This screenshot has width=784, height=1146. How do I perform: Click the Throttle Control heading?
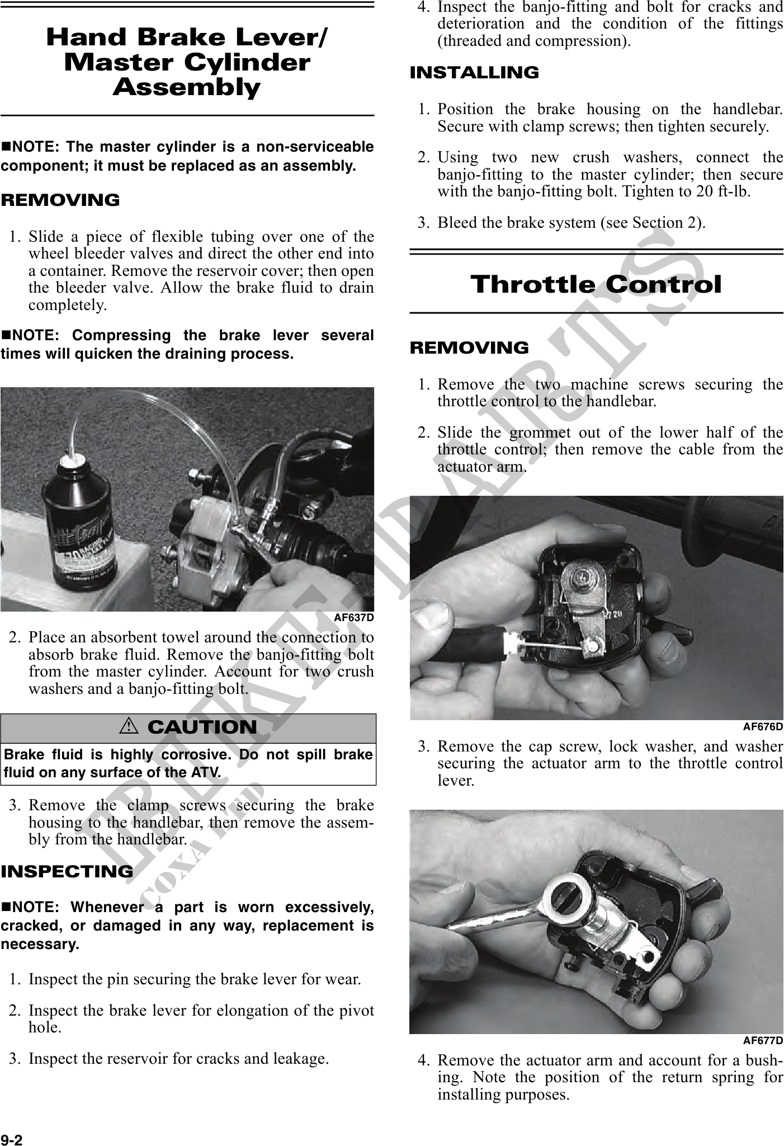(596, 284)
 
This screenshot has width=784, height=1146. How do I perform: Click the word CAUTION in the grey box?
(202, 727)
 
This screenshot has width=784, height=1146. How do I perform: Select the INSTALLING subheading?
(474, 73)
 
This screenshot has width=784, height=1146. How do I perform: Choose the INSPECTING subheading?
(67, 871)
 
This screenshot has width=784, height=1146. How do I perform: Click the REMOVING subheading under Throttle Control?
(469, 348)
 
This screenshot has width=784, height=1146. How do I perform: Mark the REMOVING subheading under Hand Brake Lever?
(60, 200)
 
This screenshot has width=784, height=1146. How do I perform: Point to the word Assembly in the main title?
(187, 87)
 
